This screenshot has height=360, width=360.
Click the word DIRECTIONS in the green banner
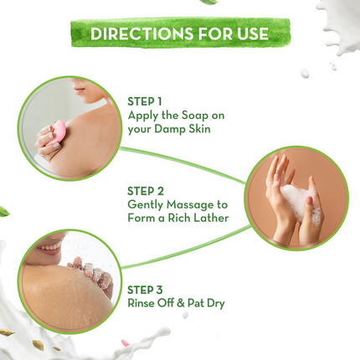pyautogui.click(x=138, y=34)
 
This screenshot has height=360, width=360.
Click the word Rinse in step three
pyautogui.click(x=142, y=302)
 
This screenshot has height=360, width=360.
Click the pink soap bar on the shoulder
pyautogui.click(x=59, y=131)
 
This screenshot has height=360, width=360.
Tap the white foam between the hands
pyautogui.click(x=296, y=198)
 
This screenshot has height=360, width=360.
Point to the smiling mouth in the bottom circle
pyautogui.click(x=49, y=248)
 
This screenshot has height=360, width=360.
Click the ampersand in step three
pyautogui.click(x=184, y=302)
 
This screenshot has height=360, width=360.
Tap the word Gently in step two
pyautogui.click(x=145, y=204)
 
